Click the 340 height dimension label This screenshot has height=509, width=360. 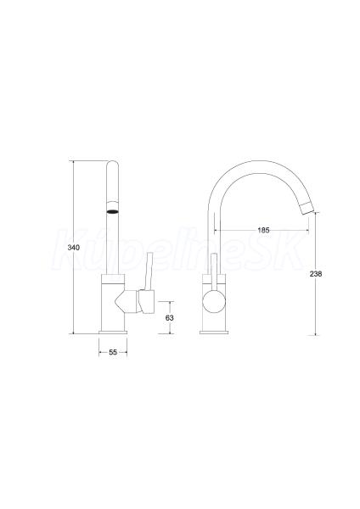73,248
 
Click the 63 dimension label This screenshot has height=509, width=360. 169,318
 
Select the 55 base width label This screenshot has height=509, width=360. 113,352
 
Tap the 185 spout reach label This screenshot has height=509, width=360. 263,230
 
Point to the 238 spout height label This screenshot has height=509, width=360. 316,274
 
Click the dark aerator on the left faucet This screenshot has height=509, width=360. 113,212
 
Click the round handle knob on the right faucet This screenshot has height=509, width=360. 214,301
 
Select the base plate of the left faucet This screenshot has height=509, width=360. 113,333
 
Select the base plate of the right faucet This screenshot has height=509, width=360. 214,333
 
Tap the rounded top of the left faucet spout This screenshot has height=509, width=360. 112,163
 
